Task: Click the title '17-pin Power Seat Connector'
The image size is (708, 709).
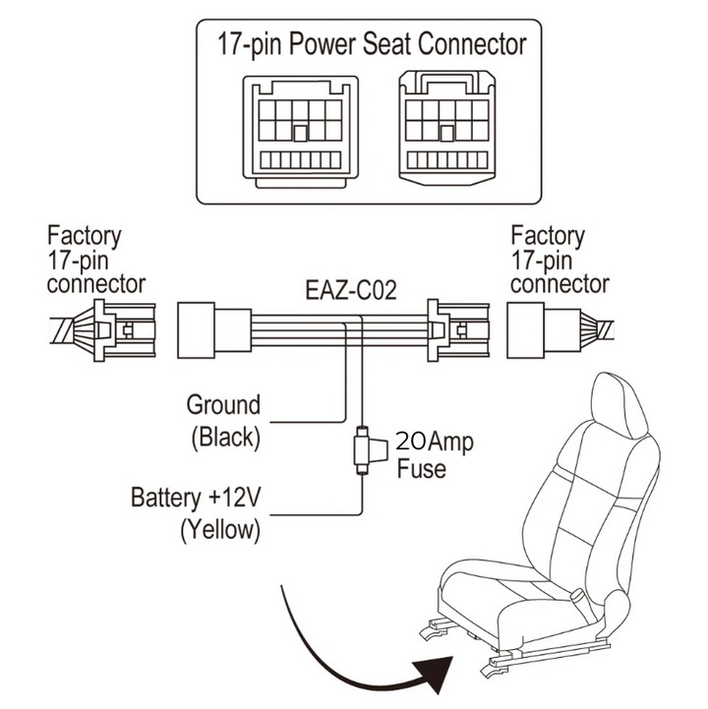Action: [371, 44]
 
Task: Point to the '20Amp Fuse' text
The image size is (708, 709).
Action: [433, 455]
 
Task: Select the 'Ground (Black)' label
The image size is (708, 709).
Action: [223, 420]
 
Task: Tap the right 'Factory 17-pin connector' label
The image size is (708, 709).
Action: [560, 261]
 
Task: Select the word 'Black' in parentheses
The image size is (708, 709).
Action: [223, 437]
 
